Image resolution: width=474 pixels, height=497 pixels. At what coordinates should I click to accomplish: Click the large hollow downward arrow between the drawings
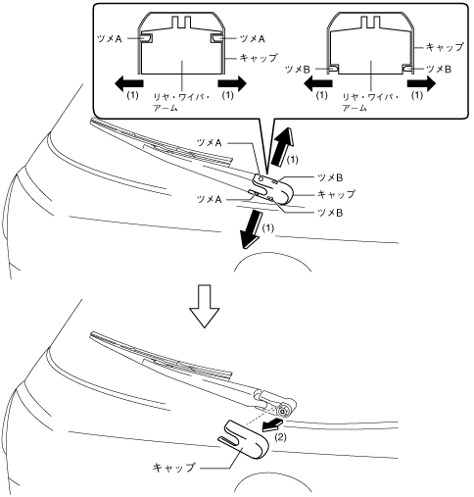[x=205, y=306]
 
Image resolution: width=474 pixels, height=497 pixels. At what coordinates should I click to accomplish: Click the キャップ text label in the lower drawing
[x=173, y=468]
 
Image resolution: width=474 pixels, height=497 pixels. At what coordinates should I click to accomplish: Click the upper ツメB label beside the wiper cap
[x=330, y=177]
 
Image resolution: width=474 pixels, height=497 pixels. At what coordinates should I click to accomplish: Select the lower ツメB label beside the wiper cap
[x=330, y=213]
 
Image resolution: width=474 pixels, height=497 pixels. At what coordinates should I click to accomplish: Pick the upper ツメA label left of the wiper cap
[x=210, y=143]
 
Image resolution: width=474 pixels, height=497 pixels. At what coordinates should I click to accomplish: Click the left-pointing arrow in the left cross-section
[x=129, y=83]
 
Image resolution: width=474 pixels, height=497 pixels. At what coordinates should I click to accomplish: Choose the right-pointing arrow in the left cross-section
[x=232, y=83]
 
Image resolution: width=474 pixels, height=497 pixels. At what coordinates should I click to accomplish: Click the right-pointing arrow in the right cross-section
[x=421, y=83]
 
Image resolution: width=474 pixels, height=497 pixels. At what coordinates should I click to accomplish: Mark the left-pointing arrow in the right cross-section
[x=318, y=83]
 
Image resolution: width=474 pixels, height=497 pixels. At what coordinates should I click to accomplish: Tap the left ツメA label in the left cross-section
[x=110, y=39]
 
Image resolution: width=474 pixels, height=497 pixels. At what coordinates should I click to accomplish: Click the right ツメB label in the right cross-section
[x=439, y=69]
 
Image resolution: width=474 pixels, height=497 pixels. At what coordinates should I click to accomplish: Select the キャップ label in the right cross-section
[x=445, y=47]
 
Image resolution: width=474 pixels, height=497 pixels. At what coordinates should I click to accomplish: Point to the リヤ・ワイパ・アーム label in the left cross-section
[x=181, y=102]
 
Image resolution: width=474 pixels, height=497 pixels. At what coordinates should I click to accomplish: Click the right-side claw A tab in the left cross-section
[x=215, y=38]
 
